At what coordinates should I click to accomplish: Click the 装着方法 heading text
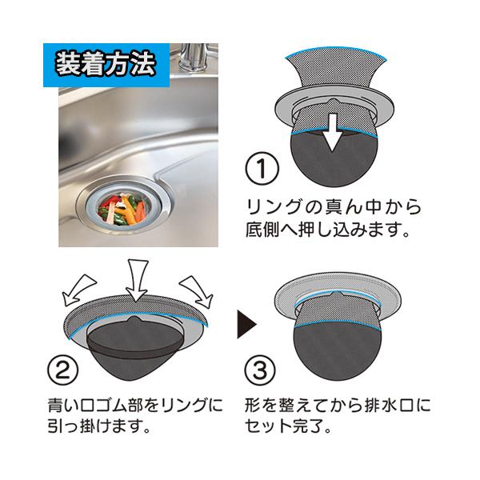tap(106, 66)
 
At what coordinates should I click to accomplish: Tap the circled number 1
tap(262, 170)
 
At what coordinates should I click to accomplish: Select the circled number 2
tap(63, 370)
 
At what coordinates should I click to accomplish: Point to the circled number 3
tap(260, 370)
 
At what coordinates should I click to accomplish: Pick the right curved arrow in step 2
tap(198, 290)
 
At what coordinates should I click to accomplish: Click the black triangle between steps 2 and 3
tap(246, 324)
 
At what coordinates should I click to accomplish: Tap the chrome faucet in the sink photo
tap(193, 58)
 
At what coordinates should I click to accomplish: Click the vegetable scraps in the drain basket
tap(122, 210)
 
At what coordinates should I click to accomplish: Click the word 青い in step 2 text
tap(64, 406)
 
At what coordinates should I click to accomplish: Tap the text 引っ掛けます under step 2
tap(99, 426)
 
